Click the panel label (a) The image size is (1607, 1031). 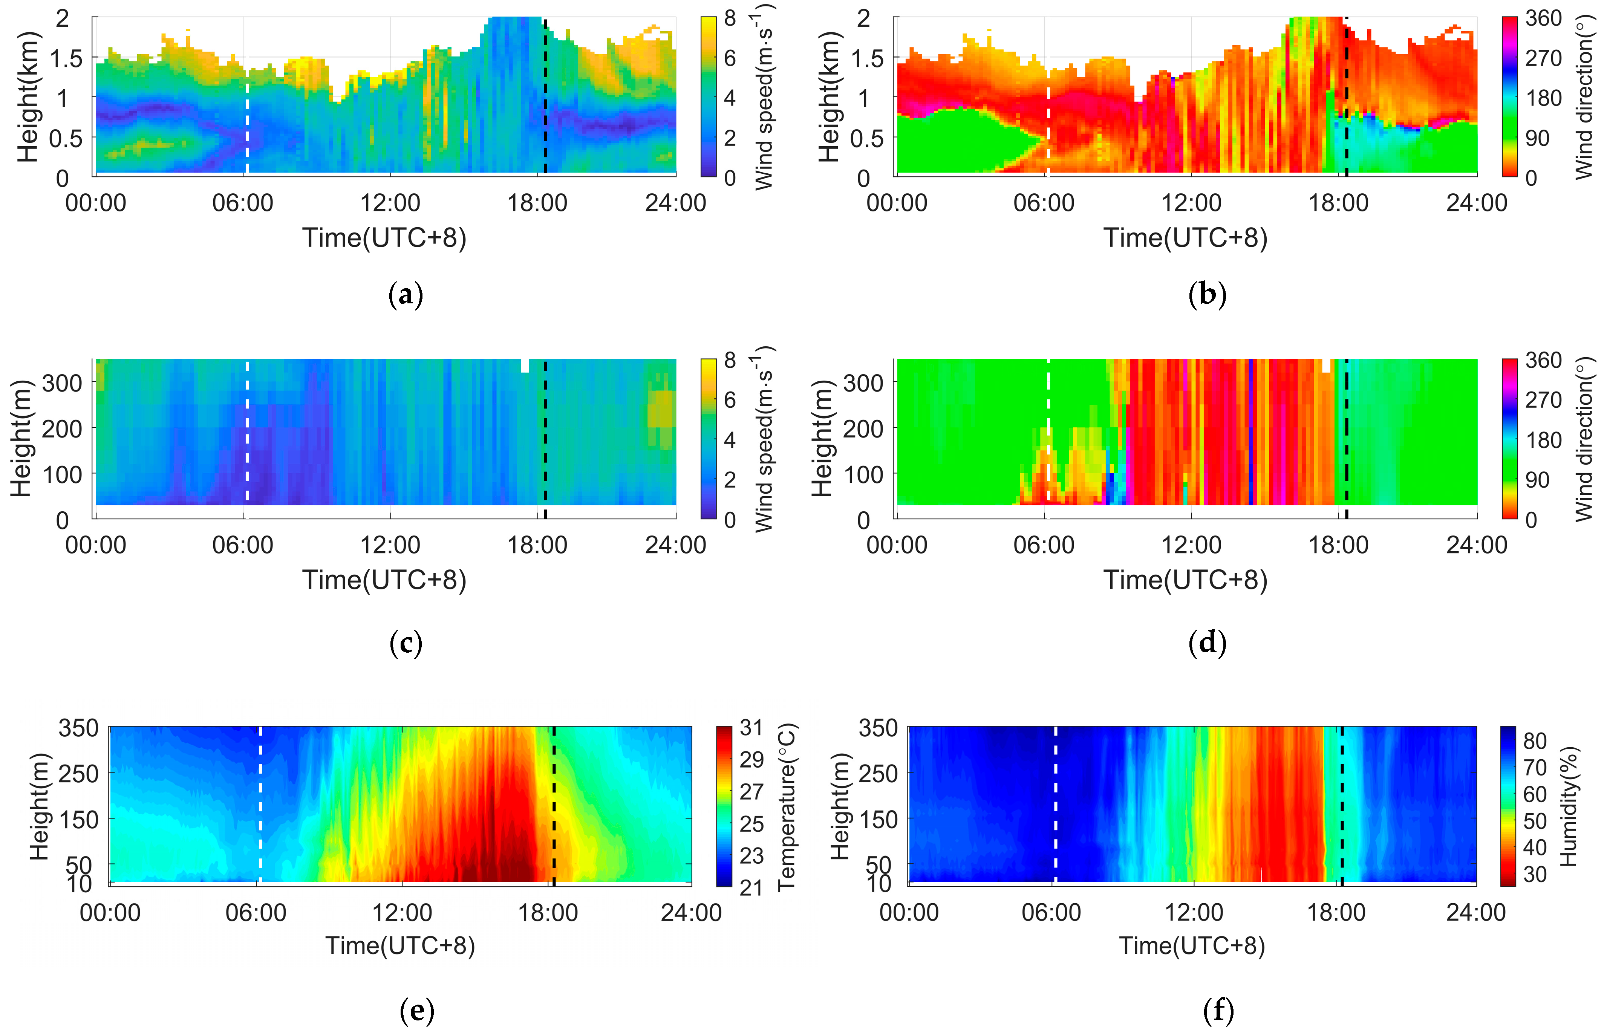pos(406,295)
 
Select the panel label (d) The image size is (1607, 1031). pos(1207,643)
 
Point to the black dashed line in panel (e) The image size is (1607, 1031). pos(554,803)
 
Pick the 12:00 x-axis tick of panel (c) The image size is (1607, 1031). pos(390,545)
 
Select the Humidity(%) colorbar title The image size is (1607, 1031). pos(1570,807)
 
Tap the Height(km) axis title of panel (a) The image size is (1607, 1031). pos(28,97)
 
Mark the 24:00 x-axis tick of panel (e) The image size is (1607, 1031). pos(691,913)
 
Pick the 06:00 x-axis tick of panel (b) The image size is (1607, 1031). pos(1044,203)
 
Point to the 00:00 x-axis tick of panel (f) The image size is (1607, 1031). pos(909,913)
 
